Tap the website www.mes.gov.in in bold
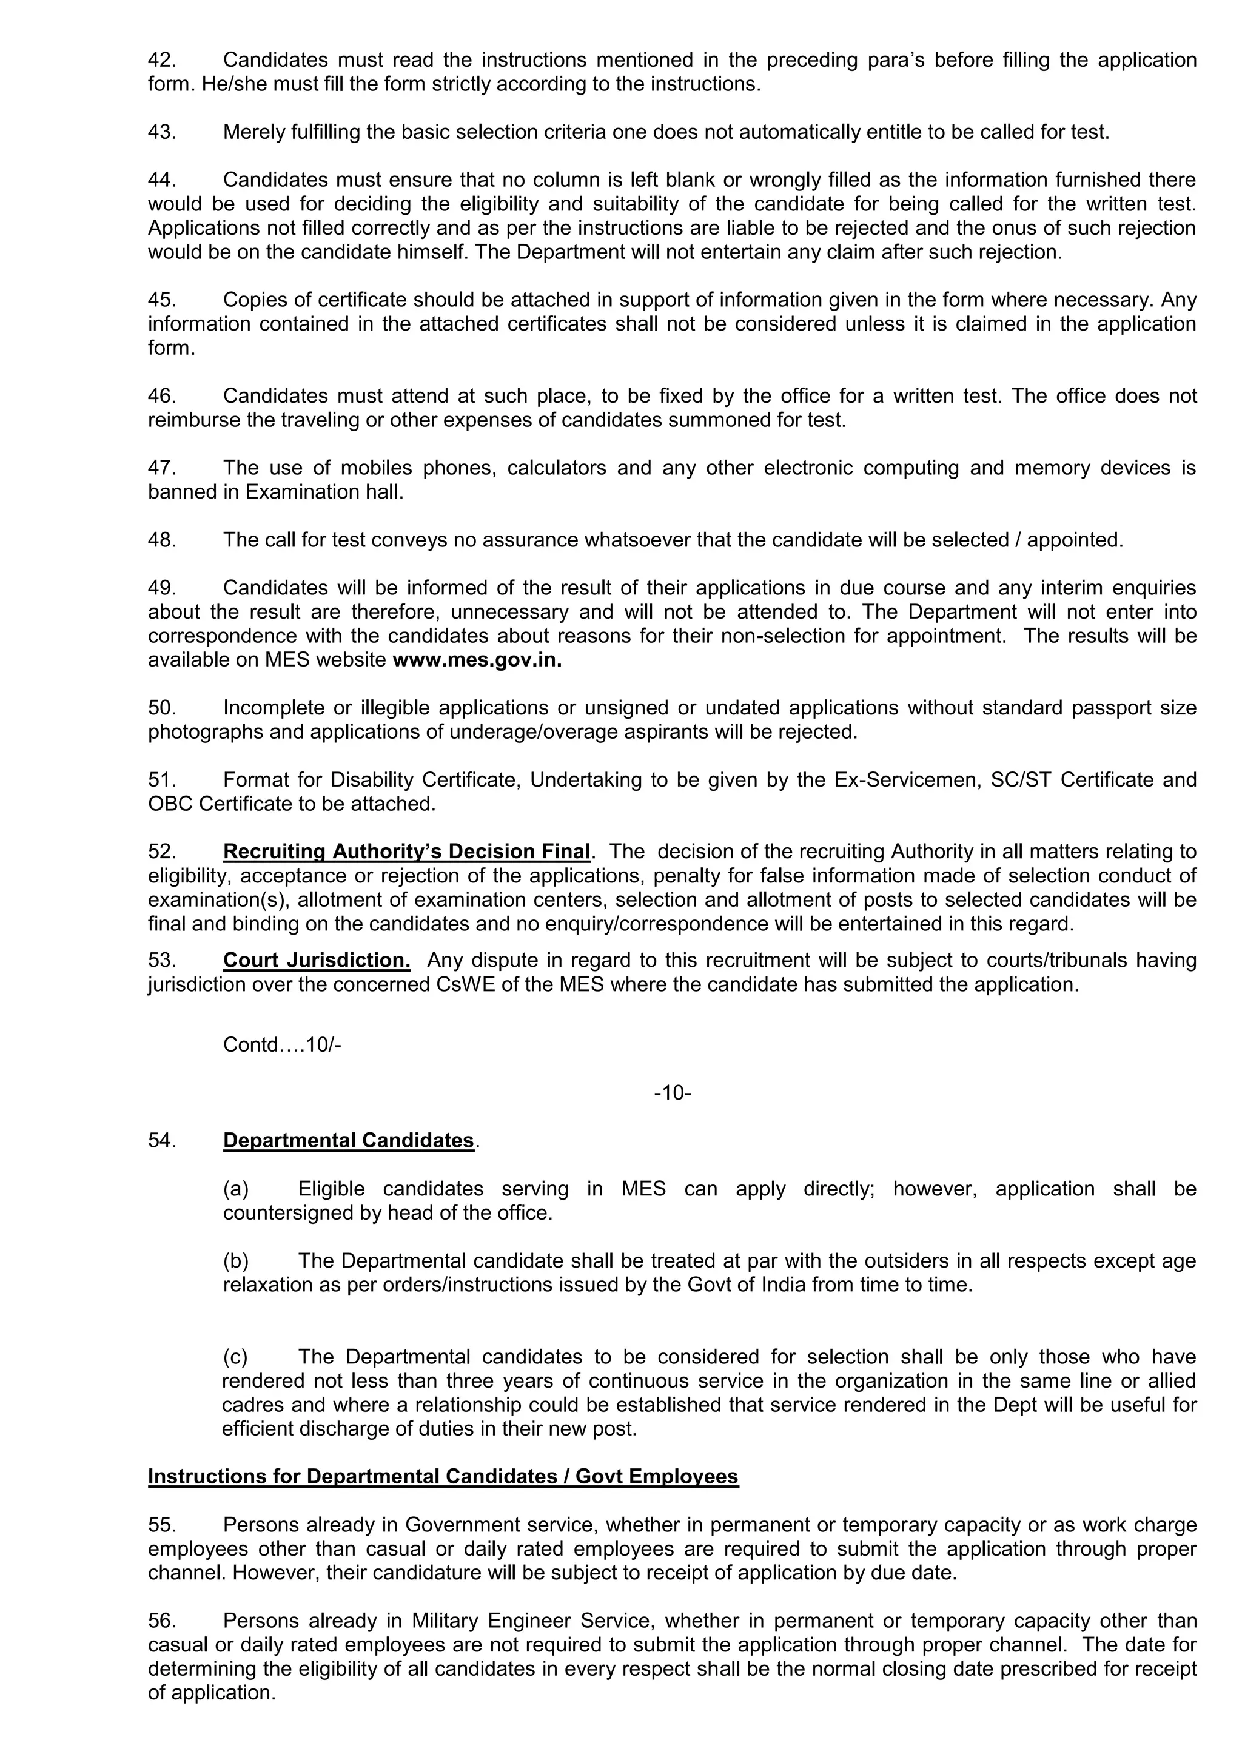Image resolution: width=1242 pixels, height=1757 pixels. tap(477, 660)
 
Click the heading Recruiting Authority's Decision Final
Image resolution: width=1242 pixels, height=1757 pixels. tap(406, 851)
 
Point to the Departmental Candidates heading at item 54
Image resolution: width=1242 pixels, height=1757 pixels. tap(348, 1140)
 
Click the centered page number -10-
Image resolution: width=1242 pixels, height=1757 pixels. tap(673, 1093)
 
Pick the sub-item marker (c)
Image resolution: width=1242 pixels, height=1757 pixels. tap(235, 1357)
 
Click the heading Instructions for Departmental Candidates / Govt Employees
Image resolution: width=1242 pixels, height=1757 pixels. tap(443, 1476)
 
